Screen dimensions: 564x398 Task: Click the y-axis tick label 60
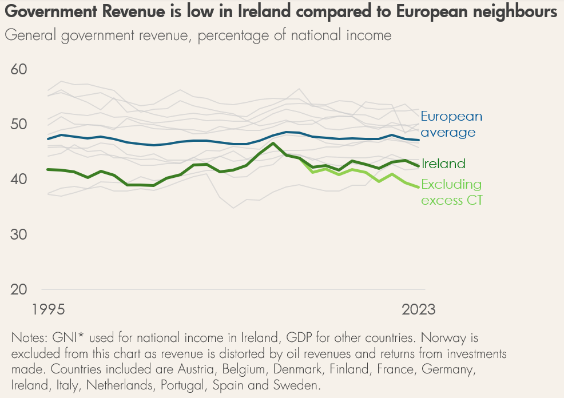pyautogui.click(x=19, y=69)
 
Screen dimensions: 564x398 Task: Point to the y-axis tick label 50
pyautogui.click(x=19, y=125)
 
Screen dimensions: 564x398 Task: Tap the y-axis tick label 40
pyautogui.click(x=19, y=179)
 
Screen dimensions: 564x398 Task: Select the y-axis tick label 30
pyautogui.click(x=19, y=234)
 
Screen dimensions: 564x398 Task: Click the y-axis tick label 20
pyautogui.click(x=19, y=289)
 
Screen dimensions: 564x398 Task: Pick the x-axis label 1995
pyautogui.click(x=49, y=309)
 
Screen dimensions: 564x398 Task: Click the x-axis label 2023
pyautogui.click(x=418, y=309)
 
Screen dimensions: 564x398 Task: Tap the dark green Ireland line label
pyautogui.click(x=443, y=164)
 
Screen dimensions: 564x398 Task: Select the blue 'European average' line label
pyautogui.click(x=451, y=124)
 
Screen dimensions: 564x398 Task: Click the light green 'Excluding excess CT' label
pyautogui.click(x=451, y=192)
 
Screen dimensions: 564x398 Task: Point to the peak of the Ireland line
pyautogui.click(x=273, y=143)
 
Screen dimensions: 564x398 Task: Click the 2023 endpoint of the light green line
pyautogui.click(x=418, y=187)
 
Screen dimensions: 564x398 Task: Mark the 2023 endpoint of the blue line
pyautogui.click(x=419, y=140)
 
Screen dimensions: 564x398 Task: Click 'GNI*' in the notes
pyautogui.click(x=68, y=337)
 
